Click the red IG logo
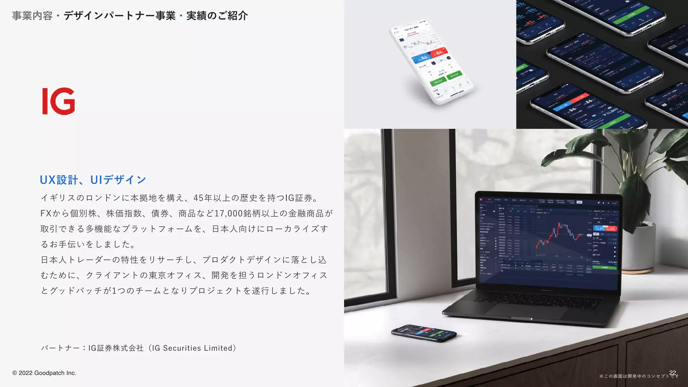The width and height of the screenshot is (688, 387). pos(58,101)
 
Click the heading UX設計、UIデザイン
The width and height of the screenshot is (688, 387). pos(93,180)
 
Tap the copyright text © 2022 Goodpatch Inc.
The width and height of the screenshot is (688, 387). pos(44,373)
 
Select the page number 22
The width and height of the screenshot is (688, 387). pos(673,373)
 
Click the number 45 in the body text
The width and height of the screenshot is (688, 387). pos(198,198)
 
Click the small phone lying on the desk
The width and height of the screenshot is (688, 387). pos(424,333)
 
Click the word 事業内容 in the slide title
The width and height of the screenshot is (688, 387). pos(32,16)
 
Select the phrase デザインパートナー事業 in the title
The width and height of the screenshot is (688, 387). pos(120,16)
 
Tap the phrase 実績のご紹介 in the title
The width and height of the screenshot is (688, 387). pos(217,16)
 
